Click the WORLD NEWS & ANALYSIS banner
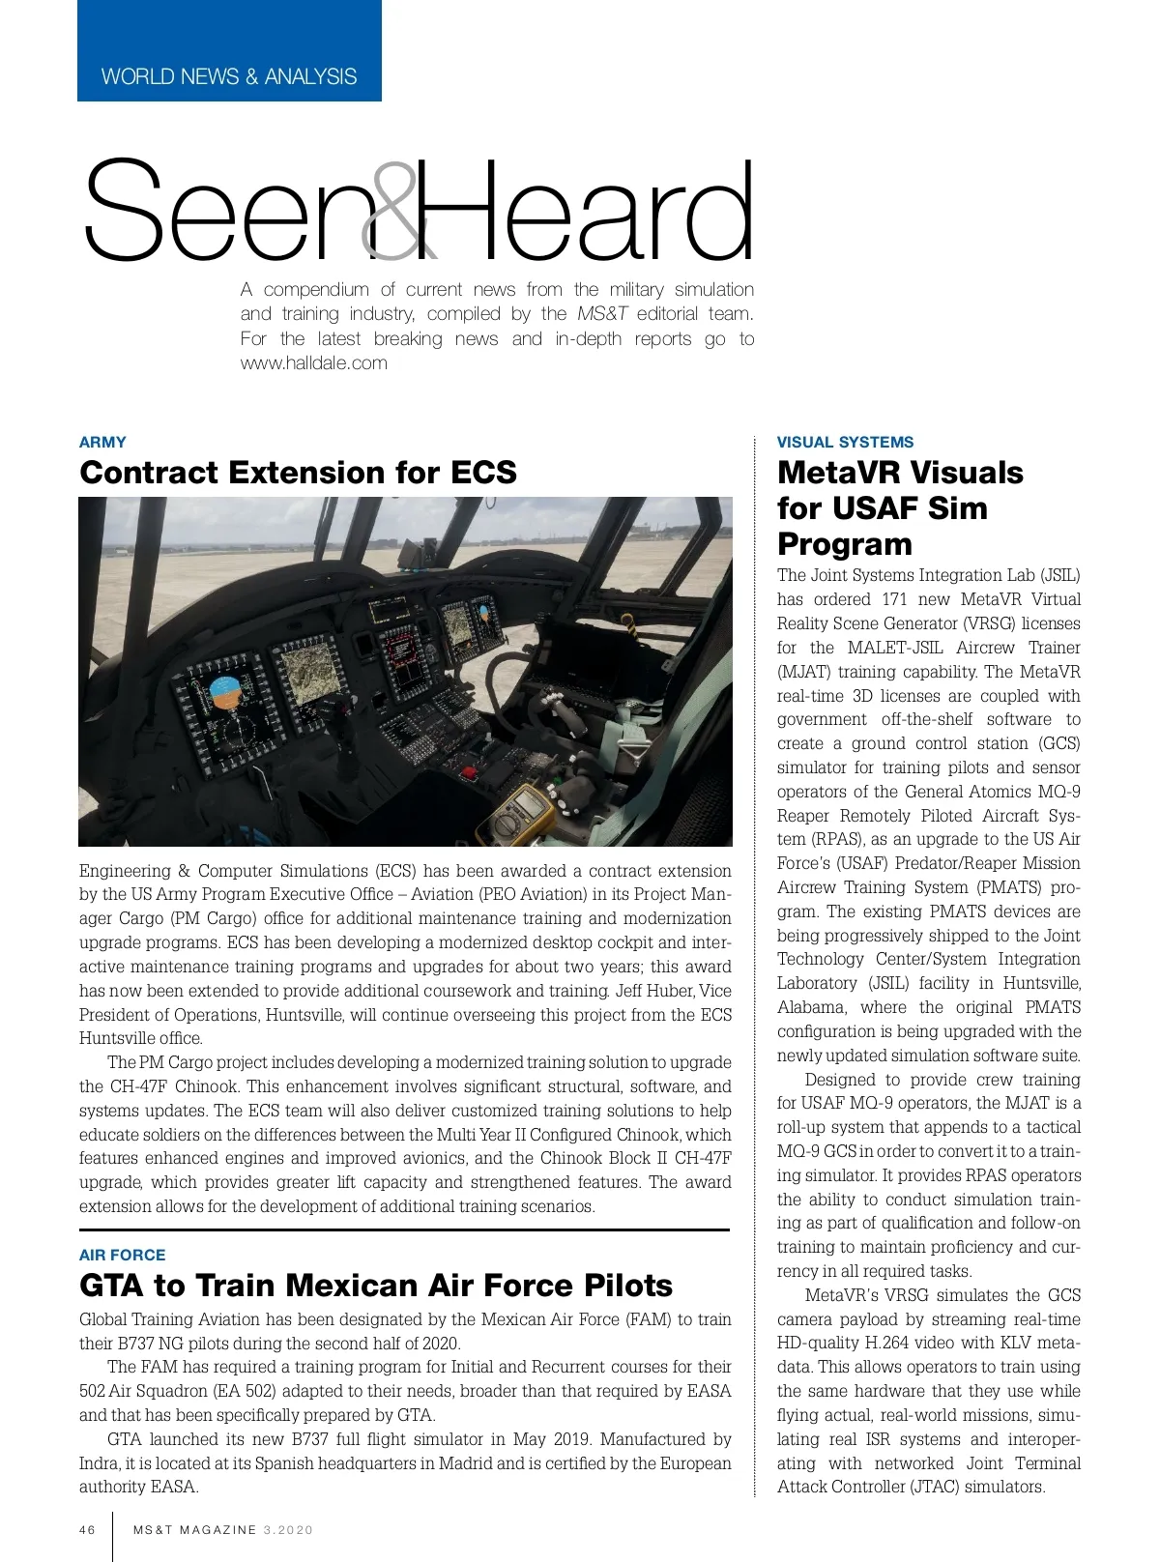pyautogui.click(x=229, y=76)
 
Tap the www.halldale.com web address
pyautogui.click(x=314, y=363)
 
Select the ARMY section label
pyautogui.click(x=102, y=443)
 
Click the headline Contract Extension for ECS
pyautogui.click(x=298, y=473)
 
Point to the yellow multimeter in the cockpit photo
pyautogui.click(x=527, y=812)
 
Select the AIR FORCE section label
pyautogui.click(x=122, y=1255)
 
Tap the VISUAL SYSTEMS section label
pyautogui.click(x=845, y=443)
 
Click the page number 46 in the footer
pyautogui.click(x=88, y=1530)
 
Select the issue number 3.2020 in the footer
pyautogui.click(x=288, y=1530)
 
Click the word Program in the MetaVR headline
pyautogui.click(x=844, y=544)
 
